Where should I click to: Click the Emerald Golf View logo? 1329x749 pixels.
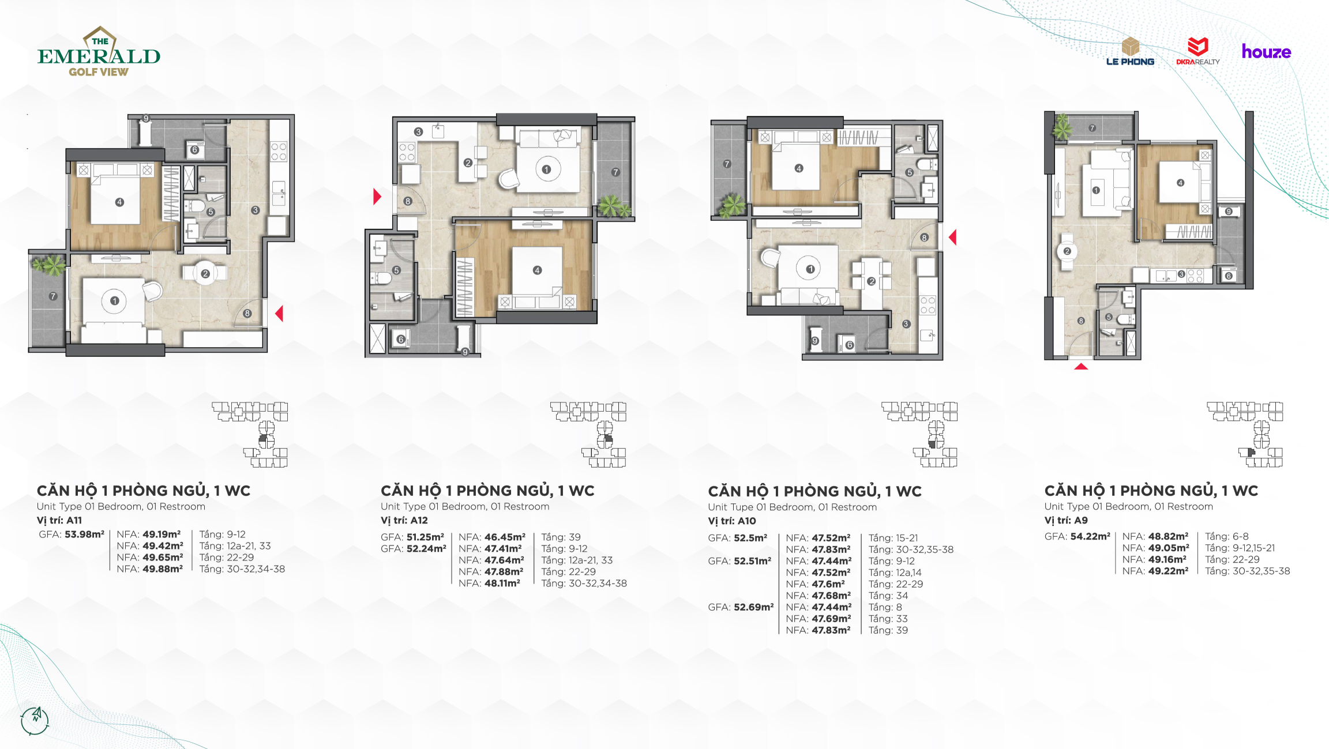(99, 52)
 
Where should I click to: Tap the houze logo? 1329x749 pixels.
(1266, 52)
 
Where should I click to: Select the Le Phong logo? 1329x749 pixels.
(1130, 51)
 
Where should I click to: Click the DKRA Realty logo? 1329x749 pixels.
(1198, 51)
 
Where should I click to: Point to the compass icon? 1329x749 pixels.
(35, 720)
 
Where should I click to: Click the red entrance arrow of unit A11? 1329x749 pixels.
(279, 314)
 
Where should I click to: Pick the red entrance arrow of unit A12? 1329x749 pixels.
(377, 197)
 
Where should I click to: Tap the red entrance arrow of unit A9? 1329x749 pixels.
(1081, 366)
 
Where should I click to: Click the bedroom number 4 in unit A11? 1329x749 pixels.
(119, 202)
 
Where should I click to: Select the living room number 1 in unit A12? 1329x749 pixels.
(546, 170)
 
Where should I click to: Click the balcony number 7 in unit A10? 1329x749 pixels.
(727, 164)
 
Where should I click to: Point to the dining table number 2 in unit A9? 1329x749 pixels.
(1067, 251)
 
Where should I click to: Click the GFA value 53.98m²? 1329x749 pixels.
(84, 535)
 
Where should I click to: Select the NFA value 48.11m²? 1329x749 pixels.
(502, 584)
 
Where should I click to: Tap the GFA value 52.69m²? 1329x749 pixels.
(753, 607)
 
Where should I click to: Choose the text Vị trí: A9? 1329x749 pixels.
(1066, 520)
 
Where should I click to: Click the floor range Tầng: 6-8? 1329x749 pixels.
(1227, 536)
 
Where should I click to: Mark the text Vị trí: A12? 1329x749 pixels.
(404, 520)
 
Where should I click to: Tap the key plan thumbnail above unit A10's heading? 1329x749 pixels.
(919, 434)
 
